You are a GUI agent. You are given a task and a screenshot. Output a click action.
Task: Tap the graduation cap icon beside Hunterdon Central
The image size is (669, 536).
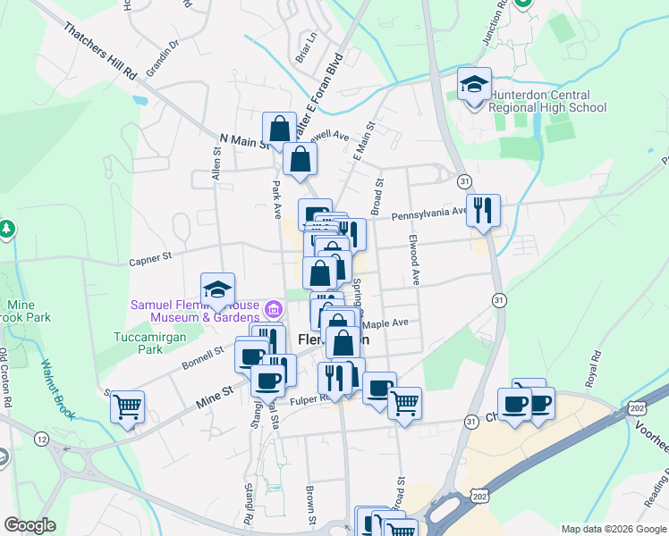pyautogui.click(x=474, y=85)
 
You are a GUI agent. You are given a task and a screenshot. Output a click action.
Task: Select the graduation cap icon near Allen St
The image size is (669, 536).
pyautogui.click(x=217, y=289)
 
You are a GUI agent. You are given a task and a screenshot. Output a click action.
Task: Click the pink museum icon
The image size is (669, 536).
pyautogui.click(x=274, y=311)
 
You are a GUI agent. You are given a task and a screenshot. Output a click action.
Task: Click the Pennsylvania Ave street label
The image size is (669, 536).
pyautogui.click(x=430, y=213)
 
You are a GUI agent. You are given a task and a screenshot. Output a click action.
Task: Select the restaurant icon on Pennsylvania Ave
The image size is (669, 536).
pyautogui.click(x=483, y=211)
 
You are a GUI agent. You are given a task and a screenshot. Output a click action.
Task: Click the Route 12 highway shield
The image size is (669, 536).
pyautogui.click(x=41, y=439)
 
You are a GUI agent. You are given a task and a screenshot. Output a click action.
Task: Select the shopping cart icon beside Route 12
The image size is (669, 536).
pyautogui.click(x=128, y=406)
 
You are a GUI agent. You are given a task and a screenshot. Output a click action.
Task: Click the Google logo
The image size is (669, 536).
pyautogui.click(x=29, y=525)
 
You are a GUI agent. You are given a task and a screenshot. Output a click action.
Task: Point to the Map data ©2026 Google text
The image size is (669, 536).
pyautogui.click(x=614, y=528)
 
